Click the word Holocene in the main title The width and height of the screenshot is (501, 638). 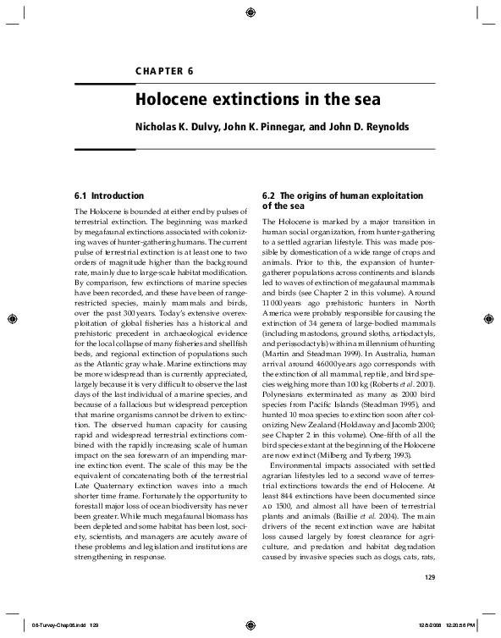coord(173,100)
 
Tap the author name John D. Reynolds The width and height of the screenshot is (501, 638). coord(349,129)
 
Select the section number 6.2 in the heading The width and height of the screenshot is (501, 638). coord(272,195)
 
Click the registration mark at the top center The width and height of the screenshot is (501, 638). coord(250,12)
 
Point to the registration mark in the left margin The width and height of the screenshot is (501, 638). coord(12,320)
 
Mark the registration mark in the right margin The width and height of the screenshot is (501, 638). coord(489,320)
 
